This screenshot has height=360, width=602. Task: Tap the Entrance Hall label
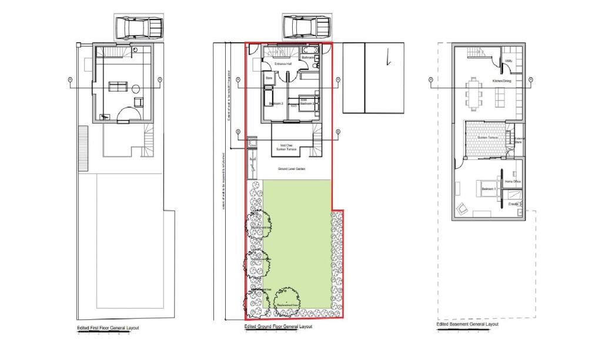(283, 64)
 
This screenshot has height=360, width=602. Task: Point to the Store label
(269, 77)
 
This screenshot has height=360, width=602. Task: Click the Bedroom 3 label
(276, 104)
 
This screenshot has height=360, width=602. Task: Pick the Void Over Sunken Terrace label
(286, 148)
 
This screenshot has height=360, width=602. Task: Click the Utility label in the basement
(509, 61)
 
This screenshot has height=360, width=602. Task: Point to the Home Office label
(513, 182)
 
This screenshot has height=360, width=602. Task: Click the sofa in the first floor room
(117, 87)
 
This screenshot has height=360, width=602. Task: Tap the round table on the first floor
(135, 89)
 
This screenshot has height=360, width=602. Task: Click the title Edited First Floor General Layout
(108, 328)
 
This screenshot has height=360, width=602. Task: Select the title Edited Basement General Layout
(467, 324)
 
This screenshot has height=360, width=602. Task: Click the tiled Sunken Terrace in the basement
(486, 139)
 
